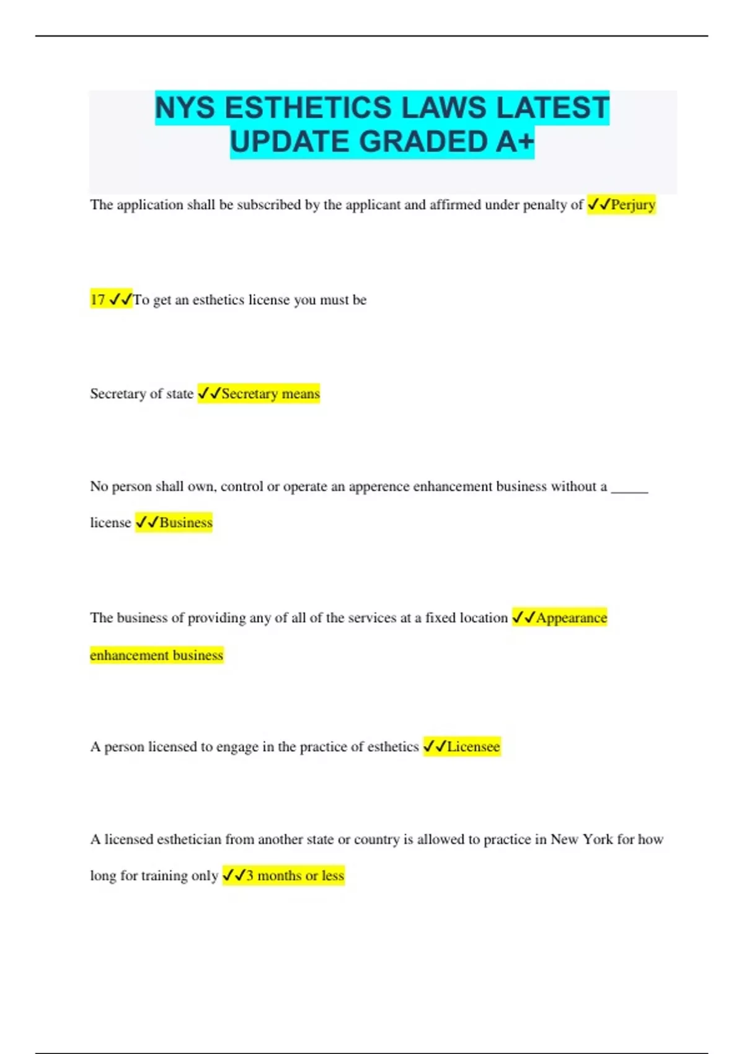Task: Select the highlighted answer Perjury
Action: [633, 205]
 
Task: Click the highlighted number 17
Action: [98, 300]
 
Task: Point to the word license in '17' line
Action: [269, 300]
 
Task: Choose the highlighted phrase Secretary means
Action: [270, 394]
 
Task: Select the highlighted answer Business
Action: [185, 523]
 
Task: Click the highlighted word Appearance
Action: [571, 618]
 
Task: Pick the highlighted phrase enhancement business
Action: [156, 655]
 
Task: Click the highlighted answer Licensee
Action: [473, 747]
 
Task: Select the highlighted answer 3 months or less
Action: [294, 876]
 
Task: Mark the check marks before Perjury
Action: [598, 205]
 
